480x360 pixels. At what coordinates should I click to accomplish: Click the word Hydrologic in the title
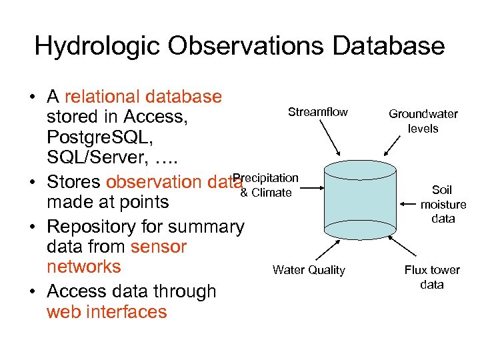point(97,46)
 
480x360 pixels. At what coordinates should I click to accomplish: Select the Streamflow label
point(317,112)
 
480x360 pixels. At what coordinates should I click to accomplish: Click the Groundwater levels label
point(423,121)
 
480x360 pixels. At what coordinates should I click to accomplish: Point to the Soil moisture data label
point(443,204)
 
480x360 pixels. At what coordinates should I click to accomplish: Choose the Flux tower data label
point(432,277)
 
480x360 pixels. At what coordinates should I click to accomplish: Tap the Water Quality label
point(309,270)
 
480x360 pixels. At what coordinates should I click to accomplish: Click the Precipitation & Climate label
point(265,185)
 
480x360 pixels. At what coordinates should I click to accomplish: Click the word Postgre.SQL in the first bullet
point(93,138)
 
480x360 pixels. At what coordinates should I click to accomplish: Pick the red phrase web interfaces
point(107,311)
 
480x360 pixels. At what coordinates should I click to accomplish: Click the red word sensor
point(159,247)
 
